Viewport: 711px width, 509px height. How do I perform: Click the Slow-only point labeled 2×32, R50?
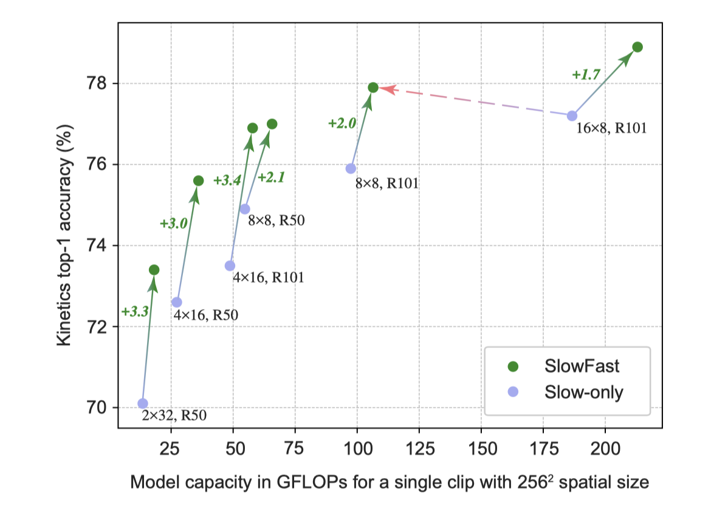click(143, 403)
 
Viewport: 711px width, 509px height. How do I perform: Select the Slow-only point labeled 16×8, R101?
click(572, 116)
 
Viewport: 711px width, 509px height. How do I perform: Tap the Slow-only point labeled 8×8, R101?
click(351, 168)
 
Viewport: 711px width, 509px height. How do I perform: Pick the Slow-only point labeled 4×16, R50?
click(177, 302)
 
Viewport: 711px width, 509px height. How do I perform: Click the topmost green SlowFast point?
click(637, 47)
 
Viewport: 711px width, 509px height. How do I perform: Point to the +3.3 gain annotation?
click(134, 312)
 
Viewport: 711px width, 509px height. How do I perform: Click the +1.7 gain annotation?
click(586, 75)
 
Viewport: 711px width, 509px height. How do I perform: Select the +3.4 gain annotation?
click(227, 180)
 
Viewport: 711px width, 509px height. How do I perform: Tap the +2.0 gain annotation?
click(342, 123)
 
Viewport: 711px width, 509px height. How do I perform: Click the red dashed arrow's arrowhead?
click(388, 89)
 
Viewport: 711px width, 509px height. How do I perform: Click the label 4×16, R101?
click(269, 278)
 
